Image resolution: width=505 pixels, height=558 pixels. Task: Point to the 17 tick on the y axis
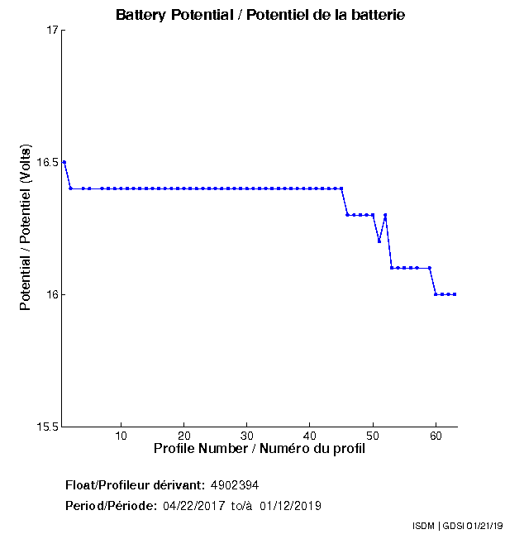(x=51, y=31)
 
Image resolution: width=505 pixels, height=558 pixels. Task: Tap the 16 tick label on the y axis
(x=51, y=295)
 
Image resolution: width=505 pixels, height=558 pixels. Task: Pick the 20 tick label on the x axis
(x=183, y=436)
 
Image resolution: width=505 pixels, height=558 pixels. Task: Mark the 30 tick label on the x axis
(x=246, y=436)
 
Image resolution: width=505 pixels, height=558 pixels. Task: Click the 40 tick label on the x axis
(x=309, y=436)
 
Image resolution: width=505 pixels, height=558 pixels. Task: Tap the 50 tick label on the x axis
(x=372, y=436)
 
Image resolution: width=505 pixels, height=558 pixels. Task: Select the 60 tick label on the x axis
(x=435, y=436)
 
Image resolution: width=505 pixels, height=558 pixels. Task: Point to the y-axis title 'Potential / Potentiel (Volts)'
(x=26, y=229)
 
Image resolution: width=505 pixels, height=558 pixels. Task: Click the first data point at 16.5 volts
(x=64, y=162)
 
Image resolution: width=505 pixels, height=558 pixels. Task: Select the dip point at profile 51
(x=379, y=241)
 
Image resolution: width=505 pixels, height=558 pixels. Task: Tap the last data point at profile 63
(x=455, y=294)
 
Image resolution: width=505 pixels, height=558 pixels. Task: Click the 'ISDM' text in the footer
(x=423, y=526)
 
